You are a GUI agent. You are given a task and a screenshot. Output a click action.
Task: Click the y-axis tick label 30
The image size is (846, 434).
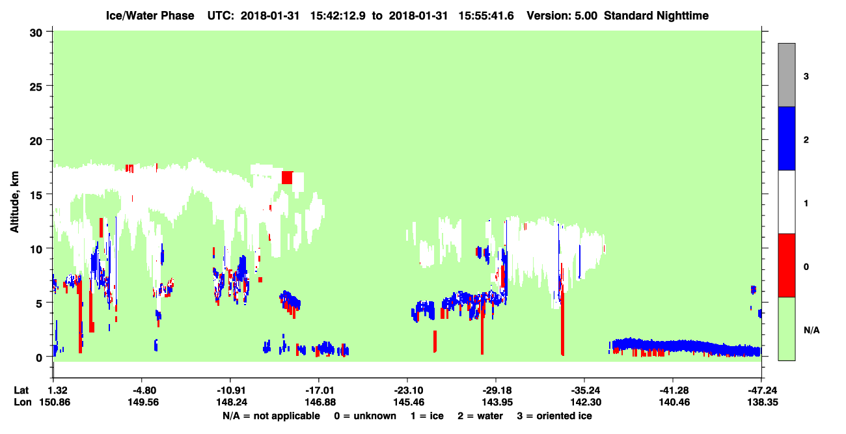click(x=36, y=33)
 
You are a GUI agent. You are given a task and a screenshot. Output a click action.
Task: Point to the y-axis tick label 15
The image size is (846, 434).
click(x=36, y=195)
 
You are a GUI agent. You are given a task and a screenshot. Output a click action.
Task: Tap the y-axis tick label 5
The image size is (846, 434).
click(x=39, y=303)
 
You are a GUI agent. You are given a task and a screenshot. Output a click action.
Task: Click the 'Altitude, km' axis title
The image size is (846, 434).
click(x=14, y=202)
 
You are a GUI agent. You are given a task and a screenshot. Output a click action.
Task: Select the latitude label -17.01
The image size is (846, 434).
click(x=319, y=390)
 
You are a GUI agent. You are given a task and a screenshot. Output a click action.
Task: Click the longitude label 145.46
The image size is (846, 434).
click(x=408, y=402)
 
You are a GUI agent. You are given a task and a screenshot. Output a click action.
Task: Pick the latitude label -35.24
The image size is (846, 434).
click(x=586, y=390)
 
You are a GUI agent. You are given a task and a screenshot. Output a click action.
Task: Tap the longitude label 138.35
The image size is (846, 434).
click(x=763, y=402)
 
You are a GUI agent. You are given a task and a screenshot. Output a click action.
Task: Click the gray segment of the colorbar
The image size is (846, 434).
click(x=787, y=75)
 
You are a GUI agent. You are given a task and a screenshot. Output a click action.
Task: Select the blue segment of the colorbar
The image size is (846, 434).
click(x=787, y=138)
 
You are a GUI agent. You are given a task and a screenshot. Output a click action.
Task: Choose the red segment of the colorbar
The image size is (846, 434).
click(x=787, y=265)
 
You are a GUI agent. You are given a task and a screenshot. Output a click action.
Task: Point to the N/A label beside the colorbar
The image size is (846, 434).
click(x=812, y=331)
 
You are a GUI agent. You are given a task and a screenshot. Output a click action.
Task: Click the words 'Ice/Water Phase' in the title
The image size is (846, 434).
click(x=150, y=16)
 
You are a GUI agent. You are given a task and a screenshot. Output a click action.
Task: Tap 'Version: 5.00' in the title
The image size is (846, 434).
click(x=562, y=16)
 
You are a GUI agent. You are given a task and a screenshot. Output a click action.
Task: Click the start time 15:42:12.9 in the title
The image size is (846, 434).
click(x=338, y=16)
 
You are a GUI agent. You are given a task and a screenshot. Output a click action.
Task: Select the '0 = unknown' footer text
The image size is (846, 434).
click(x=365, y=416)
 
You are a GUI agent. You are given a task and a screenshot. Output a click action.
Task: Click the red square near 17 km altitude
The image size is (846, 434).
click(x=287, y=178)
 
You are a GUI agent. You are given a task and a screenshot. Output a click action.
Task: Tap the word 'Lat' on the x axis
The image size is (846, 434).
click(x=21, y=390)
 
